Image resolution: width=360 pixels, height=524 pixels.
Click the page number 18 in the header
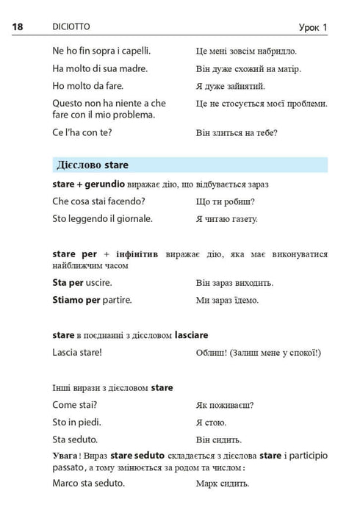click(x=18, y=27)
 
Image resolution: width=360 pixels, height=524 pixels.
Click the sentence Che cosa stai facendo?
click(x=99, y=201)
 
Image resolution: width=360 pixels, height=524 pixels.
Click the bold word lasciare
click(x=192, y=334)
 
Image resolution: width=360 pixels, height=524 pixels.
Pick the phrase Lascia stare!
click(x=77, y=352)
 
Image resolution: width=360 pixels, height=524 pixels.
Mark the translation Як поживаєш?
click(x=226, y=405)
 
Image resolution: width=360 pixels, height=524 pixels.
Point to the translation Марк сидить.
click(x=223, y=484)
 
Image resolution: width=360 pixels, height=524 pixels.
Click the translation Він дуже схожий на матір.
click(x=249, y=69)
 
